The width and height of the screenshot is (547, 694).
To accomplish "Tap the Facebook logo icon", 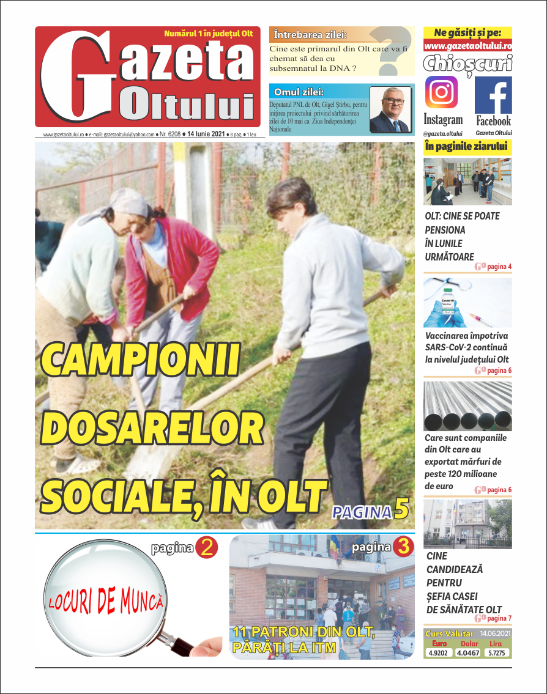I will click(x=493, y=95).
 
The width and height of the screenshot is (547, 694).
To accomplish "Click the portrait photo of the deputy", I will click(x=390, y=109).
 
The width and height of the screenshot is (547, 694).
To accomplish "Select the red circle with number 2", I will click(x=206, y=547).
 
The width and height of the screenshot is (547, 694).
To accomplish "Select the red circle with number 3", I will click(x=403, y=547).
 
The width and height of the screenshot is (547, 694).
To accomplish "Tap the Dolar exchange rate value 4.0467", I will click(x=469, y=652).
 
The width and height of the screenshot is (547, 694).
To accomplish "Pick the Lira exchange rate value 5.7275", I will click(x=497, y=652).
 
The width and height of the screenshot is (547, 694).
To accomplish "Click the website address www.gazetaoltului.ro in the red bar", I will click(x=467, y=46).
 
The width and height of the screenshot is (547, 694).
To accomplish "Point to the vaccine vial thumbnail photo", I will click(x=467, y=302).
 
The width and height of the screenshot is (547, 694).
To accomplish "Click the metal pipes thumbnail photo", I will click(x=467, y=406).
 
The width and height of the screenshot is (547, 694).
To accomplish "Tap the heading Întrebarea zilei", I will click(x=310, y=34).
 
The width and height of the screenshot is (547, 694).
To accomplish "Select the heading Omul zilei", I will click(x=299, y=92).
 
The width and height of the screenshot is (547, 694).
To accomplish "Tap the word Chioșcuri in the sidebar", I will click(x=467, y=64).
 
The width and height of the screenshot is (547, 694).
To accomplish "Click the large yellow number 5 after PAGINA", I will click(x=401, y=511).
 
